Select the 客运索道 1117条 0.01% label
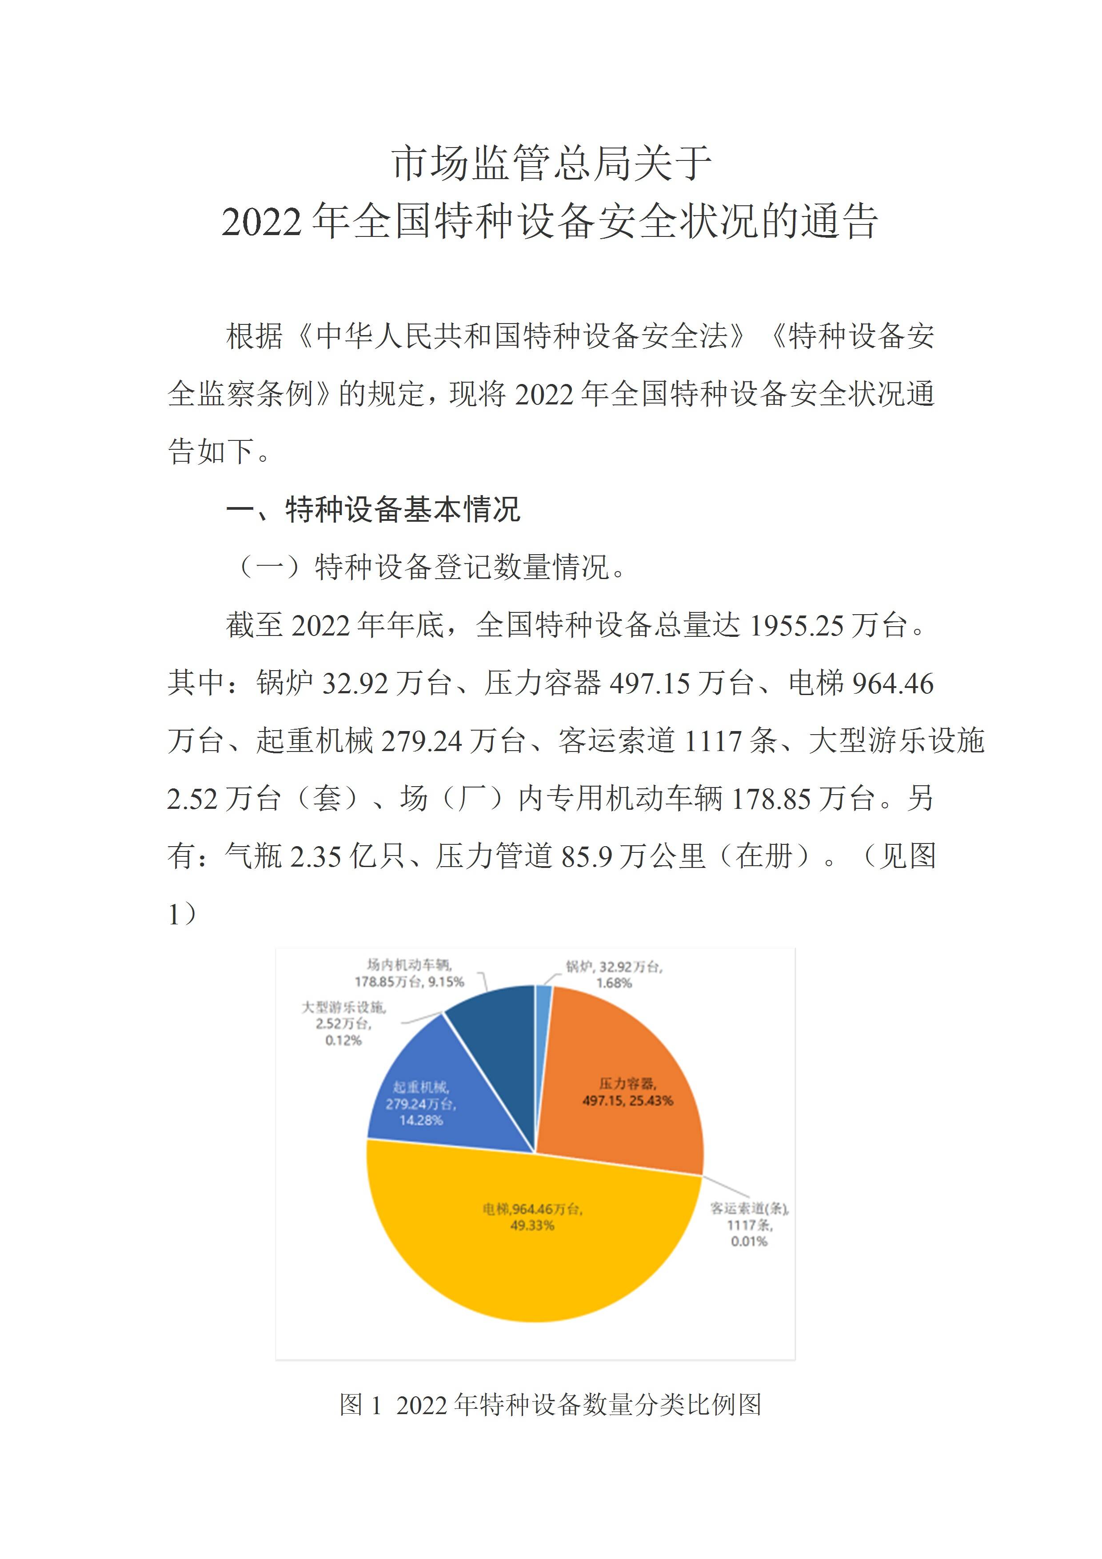coord(749,1224)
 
